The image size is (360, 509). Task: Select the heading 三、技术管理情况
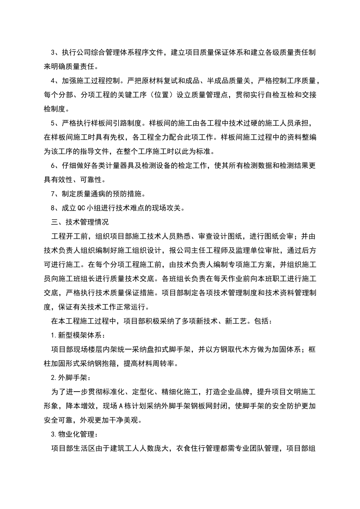point(80,222)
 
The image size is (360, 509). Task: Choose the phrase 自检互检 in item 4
point(271,95)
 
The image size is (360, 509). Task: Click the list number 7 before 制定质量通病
point(53,194)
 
